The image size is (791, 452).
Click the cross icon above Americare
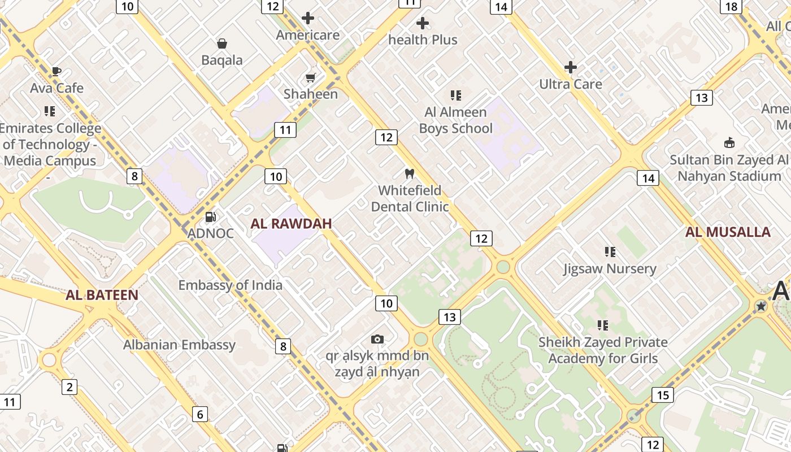tap(308, 18)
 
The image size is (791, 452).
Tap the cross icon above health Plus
tap(423, 23)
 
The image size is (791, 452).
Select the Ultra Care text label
tap(571, 84)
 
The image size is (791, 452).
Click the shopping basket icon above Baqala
tap(222, 44)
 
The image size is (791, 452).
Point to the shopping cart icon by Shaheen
tap(310, 77)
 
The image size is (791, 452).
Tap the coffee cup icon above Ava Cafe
tap(56, 71)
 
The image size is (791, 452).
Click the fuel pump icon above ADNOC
tap(210, 216)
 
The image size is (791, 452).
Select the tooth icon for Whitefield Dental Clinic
tap(410, 173)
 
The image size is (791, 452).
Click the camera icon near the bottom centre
tap(377, 339)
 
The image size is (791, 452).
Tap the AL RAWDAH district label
tap(291, 224)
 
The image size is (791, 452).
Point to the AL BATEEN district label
tap(102, 295)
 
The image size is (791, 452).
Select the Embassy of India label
tap(231, 285)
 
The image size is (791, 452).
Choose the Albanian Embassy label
tap(179, 345)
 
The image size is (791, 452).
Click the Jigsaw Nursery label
tap(610, 269)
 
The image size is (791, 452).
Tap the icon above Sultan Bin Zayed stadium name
tap(729, 142)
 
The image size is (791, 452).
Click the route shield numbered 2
tap(69, 387)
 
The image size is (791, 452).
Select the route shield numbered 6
tap(200, 414)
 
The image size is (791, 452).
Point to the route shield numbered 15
tap(662, 394)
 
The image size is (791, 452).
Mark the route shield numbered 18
tap(731, 6)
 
